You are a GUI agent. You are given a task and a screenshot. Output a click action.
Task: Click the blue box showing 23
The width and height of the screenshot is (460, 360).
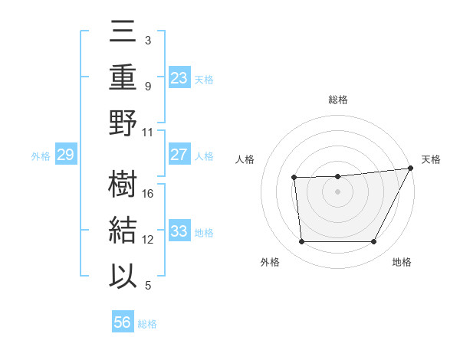pos(179,77)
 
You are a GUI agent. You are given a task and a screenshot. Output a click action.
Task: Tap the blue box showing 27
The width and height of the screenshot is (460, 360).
pos(179,155)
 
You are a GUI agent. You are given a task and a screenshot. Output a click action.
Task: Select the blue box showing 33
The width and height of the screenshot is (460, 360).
pos(179,231)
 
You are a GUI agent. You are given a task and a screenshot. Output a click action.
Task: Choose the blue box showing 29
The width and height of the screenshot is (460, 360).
pos(65,155)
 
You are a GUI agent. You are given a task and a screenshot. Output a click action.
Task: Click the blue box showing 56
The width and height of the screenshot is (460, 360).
pos(123,322)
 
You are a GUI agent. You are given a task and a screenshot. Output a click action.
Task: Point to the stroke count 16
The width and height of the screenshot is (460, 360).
pos(149,193)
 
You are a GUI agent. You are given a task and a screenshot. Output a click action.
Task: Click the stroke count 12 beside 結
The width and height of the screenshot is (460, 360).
pos(149,240)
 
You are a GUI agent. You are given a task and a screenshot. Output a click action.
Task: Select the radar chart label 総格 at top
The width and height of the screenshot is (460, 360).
pos(338,100)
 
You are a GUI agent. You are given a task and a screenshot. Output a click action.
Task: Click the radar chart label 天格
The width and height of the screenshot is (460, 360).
pos(431,159)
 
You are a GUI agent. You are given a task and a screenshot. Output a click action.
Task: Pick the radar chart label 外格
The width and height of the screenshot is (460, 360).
pos(270,262)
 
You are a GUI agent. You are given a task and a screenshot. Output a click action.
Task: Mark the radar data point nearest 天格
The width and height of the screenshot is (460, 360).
pos(412,169)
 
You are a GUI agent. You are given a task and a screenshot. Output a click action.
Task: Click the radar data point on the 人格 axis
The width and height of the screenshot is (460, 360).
pos(294,178)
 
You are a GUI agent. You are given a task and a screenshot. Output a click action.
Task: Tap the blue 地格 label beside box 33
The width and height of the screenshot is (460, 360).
pos(204,232)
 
